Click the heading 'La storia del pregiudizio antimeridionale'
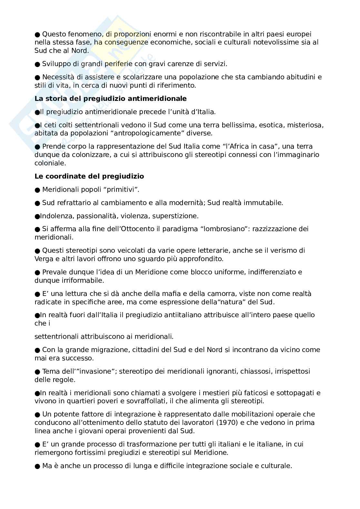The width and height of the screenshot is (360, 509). click(x=110, y=99)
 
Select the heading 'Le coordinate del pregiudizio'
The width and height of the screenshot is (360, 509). click(x=89, y=176)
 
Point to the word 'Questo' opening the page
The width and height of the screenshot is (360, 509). click(x=53, y=34)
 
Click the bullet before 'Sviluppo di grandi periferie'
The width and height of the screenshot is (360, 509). click(x=37, y=64)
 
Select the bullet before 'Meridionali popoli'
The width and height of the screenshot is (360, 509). click(x=37, y=190)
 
